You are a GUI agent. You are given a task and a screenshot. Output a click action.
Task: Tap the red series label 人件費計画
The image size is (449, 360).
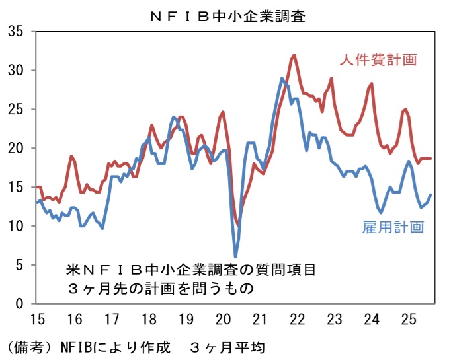click(378, 60)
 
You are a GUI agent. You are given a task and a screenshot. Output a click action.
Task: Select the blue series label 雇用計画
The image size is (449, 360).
click(393, 227)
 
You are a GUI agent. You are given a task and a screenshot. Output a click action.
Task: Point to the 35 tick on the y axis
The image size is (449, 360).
click(16, 31)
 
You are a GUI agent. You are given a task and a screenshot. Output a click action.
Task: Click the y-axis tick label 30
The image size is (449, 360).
click(16, 70)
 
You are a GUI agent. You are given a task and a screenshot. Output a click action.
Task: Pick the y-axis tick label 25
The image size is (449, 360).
click(16, 109)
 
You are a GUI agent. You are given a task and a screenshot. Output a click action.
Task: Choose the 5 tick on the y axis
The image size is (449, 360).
click(19, 265)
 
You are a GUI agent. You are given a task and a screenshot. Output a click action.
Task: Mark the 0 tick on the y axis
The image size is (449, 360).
click(19, 304)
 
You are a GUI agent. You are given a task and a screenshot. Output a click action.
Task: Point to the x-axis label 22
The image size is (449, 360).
click(298, 320)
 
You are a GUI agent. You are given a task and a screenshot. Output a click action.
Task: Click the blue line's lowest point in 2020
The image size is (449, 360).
click(235, 256)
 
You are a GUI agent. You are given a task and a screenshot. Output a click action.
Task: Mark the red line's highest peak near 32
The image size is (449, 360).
click(294, 55)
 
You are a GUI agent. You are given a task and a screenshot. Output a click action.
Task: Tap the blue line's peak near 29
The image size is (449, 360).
click(282, 79)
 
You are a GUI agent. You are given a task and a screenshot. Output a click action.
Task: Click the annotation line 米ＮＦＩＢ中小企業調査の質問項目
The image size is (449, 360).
click(191, 270)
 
